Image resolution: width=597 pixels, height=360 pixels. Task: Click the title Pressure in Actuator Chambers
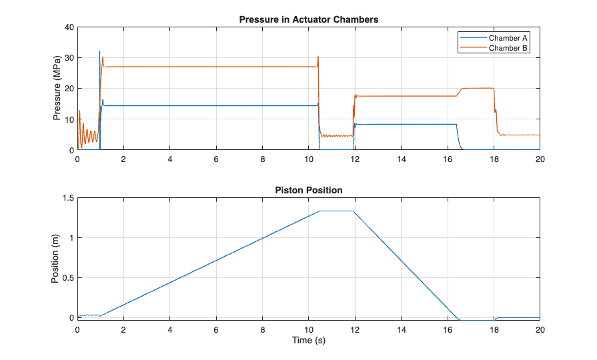pyautogui.click(x=309, y=19)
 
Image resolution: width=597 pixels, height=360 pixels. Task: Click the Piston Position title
pyautogui.click(x=309, y=190)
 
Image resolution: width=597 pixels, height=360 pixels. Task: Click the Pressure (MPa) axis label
pyautogui.click(x=57, y=89)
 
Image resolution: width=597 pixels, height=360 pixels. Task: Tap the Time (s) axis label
pyautogui.click(x=309, y=341)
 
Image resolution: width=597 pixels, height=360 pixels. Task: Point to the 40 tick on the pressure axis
pyautogui.click(x=67, y=27)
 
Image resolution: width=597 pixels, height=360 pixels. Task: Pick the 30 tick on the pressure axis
pyautogui.click(x=67, y=58)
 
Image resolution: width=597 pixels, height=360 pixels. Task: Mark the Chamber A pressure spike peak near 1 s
pyautogui.click(x=99, y=51)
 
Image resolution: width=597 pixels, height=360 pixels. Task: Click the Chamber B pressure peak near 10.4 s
pyautogui.click(x=318, y=57)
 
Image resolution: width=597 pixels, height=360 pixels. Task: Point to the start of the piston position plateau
pyautogui.click(x=320, y=211)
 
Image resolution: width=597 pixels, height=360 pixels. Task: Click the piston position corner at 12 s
pyautogui.click(x=354, y=211)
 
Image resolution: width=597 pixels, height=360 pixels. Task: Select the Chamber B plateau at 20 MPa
pyautogui.click(x=478, y=88)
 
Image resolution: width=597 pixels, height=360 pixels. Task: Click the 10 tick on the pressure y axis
pyautogui.click(x=67, y=119)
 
